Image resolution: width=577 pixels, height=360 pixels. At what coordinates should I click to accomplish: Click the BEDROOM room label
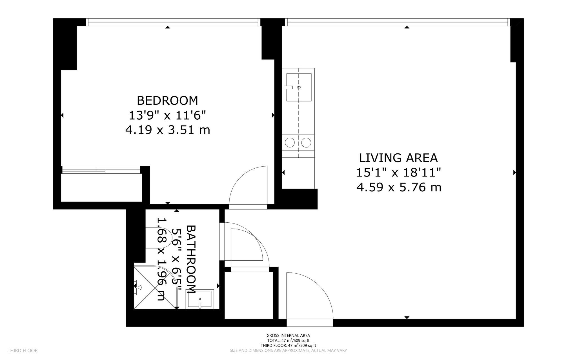tap(167, 100)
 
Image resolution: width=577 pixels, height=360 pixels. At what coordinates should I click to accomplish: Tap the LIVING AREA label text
tap(398, 158)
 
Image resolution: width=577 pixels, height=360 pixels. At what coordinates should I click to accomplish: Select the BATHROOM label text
tap(191, 259)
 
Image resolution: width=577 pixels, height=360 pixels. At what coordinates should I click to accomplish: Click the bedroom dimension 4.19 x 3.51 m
tap(168, 130)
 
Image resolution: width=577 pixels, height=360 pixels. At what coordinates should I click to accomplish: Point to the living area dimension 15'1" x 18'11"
tap(398, 173)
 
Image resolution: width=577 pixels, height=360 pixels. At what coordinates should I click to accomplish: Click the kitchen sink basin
tap(299, 87)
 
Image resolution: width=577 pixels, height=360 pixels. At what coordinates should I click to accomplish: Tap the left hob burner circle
tap(290, 143)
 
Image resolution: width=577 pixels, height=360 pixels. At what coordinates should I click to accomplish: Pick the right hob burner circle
tap(306, 143)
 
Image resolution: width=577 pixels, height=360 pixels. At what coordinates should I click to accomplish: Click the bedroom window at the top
tap(173, 22)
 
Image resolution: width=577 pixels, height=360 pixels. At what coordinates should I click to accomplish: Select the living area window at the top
tap(398, 22)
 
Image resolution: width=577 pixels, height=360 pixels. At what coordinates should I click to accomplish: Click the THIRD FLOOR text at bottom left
tap(23, 351)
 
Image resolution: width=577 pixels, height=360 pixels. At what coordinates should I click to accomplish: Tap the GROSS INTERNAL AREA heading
tap(288, 336)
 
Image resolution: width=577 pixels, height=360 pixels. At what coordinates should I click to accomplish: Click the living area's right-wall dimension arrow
tap(514, 173)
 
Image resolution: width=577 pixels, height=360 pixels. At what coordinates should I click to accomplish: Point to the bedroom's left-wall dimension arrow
tap(62, 115)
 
